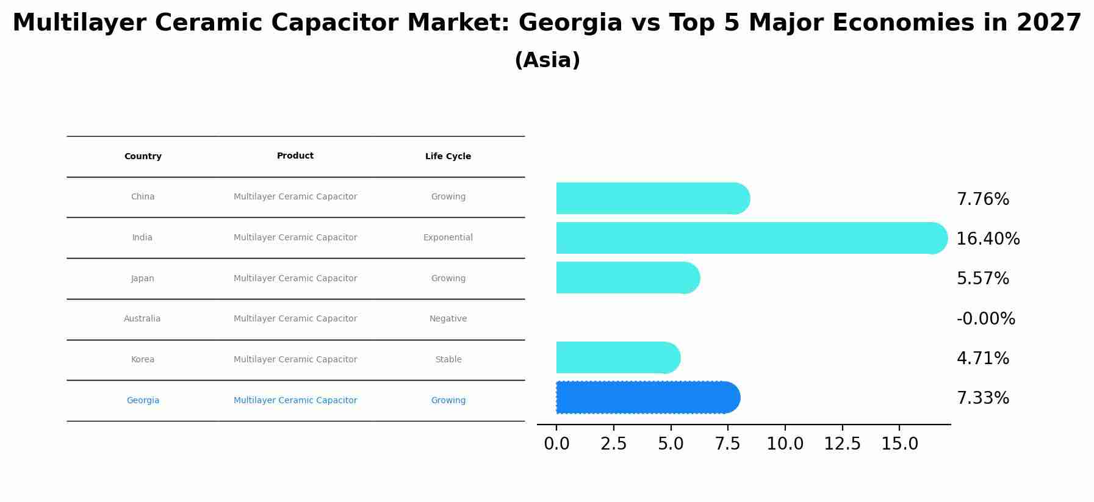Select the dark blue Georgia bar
647,398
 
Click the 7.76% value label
982,199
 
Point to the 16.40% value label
987,239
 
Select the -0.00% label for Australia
985,319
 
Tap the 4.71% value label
982,359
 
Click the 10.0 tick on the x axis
785,444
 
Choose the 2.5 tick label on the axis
613,444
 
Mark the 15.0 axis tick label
899,444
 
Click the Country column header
143,157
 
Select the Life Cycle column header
448,157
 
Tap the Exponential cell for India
448,238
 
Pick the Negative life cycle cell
448,319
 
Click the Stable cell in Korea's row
448,360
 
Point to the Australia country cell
142,319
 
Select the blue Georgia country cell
143,401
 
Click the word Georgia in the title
570,24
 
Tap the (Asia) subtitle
547,60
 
